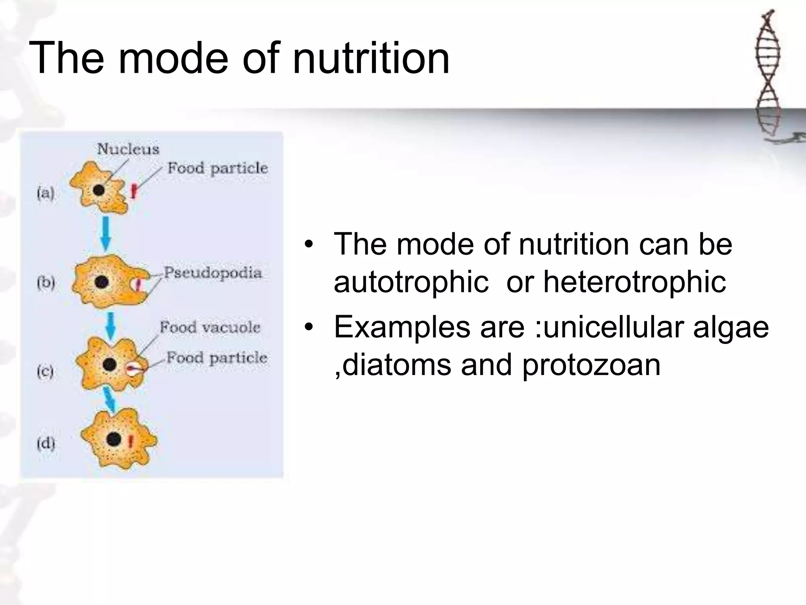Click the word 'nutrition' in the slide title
coord(371,59)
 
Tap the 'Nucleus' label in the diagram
coord(128,149)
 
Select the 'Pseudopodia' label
coord(213,273)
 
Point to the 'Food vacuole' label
coord(210,327)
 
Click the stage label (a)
coord(45,193)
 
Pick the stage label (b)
coord(46,282)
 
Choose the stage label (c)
coord(45,371)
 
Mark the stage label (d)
coord(46,444)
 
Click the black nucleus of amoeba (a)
coord(98,190)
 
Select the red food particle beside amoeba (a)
coord(134,191)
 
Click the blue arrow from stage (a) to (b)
coord(105,234)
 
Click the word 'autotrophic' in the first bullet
coord(411,282)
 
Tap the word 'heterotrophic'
coord(634,282)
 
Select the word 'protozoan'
coord(591,365)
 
